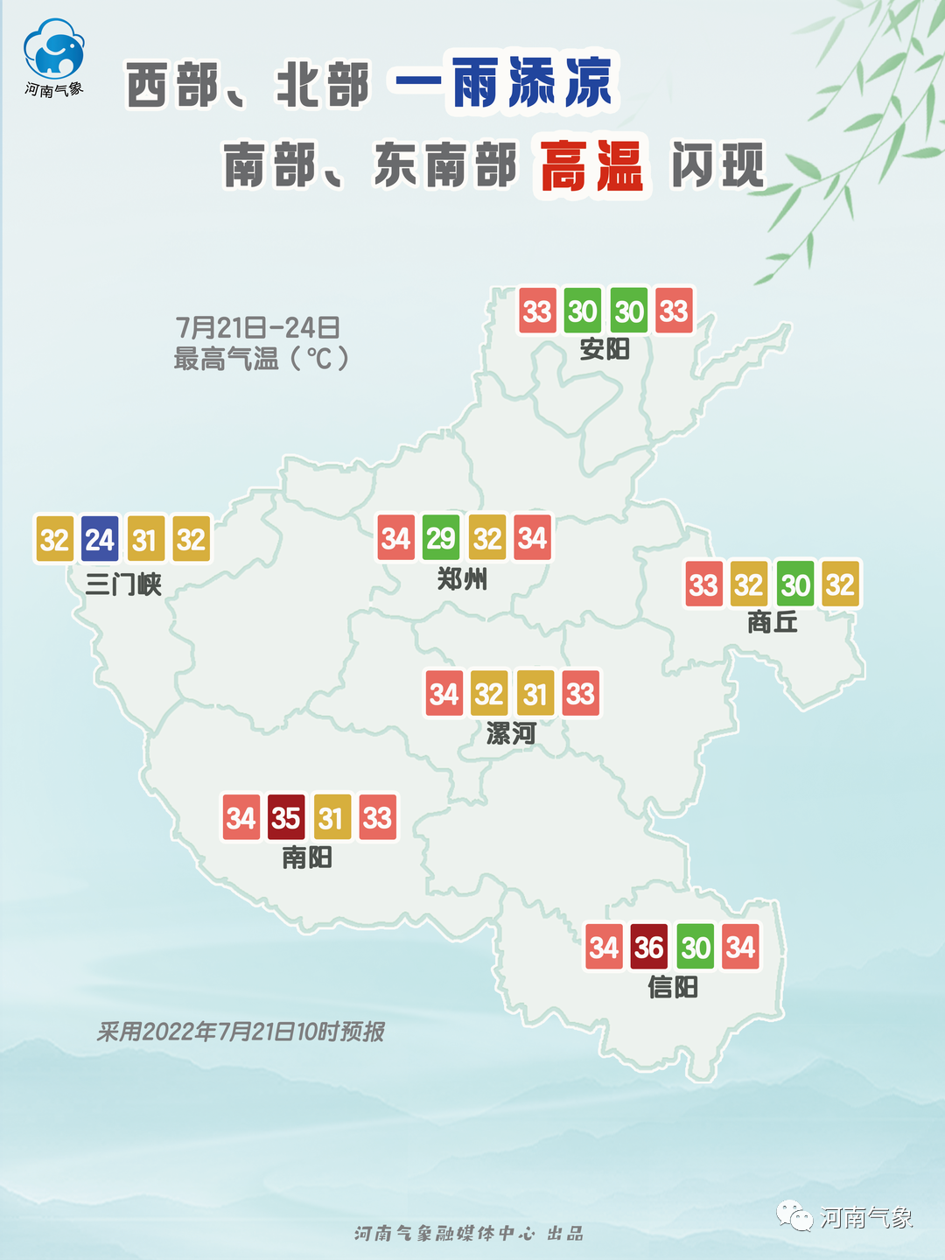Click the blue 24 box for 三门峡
click(x=100, y=540)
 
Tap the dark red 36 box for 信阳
click(x=649, y=948)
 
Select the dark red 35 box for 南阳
click(x=286, y=818)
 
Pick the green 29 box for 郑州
click(x=441, y=538)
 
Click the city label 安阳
click(x=605, y=349)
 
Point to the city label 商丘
click(x=773, y=622)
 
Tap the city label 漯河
click(x=512, y=733)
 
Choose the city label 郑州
click(x=463, y=578)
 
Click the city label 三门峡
click(x=123, y=584)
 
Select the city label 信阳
click(x=673, y=987)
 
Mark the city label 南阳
click(x=307, y=857)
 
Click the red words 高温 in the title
click(x=592, y=166)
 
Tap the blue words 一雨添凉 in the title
click(x=505, y=83)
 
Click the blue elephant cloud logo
click(x=54, y=51)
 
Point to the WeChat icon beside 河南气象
click(x=794, y=1216)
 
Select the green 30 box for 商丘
click(x=795, y=584)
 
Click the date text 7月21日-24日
click(x=257, y=328)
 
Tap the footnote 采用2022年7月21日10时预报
click(x=241, y=1032)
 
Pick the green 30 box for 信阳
click(x=696, y=948)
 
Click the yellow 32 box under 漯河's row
click(x=489, y=694)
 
